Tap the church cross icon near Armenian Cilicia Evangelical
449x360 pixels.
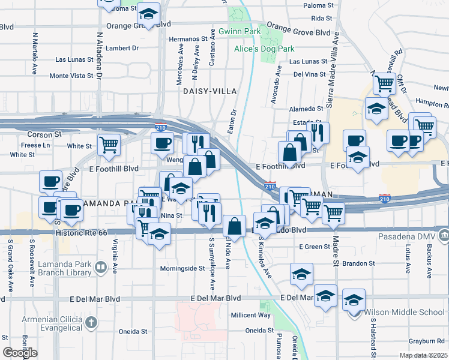(x=91, y=323)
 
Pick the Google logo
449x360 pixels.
(x=20, y=353)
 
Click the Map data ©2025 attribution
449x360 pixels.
(x=423, y=355)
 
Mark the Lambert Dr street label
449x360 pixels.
(x=121, y=48)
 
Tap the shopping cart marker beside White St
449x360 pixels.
(x=109, y=144)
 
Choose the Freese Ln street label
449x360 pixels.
(x=35, y=145)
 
